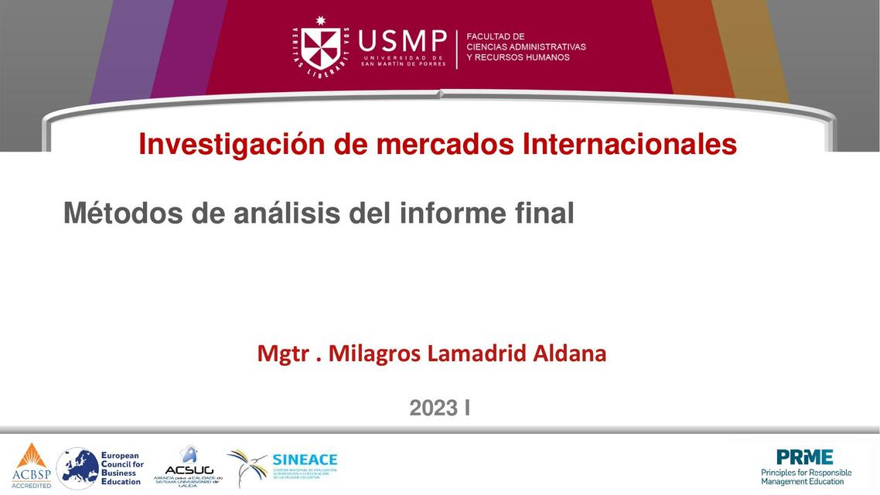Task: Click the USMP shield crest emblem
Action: tap(320, 46)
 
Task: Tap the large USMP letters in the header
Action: tap(403, 41)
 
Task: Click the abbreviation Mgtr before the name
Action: tap(280, 353)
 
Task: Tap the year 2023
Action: tap(434, 408)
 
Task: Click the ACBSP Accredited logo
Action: tap(31, 466)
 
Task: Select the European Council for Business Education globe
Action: tap(77, 468)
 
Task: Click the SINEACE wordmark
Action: tap(305, 459)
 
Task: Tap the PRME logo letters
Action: tap(805, 457)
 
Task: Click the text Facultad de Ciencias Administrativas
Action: tap(526, 46)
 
